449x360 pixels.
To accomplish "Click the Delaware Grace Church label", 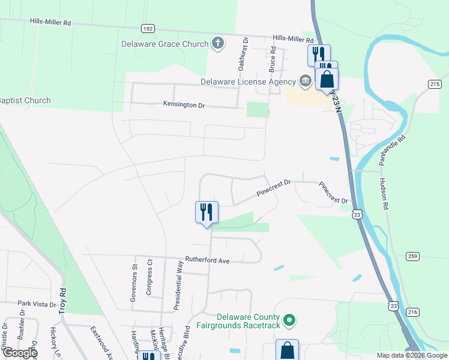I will tap(165, 44).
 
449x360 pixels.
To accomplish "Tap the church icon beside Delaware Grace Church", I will tap(217, 43).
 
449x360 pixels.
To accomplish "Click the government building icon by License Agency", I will tap(305, 81).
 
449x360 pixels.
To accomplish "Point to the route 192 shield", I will tap(148, 28).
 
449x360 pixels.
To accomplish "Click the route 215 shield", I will tap(435, 85).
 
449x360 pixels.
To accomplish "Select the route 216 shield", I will tap(412, 311).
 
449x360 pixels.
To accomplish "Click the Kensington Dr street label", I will tap(184, 105).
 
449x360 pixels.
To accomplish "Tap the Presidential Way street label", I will tap(178, 285).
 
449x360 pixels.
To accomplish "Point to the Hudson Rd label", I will tap(383, 193).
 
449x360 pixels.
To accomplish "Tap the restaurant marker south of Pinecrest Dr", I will tap(206, 212).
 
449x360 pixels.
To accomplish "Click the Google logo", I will tap(19, 353).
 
